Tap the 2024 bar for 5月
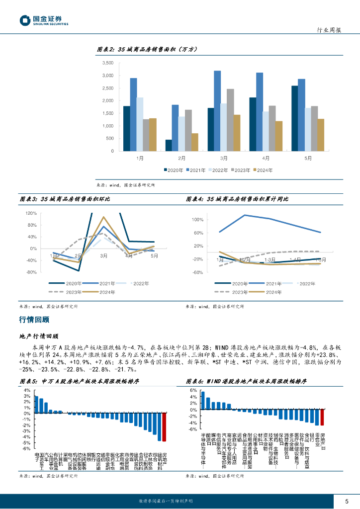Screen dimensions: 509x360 click(321, 135)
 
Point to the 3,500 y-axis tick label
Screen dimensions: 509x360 click(107, 63)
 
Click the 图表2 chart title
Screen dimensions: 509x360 click(147, 49)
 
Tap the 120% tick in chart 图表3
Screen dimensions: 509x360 click(31, 213)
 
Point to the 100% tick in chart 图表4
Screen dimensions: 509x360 click(197, 220)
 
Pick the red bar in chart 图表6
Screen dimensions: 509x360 click(322, 417)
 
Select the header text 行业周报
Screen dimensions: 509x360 click(329, 30)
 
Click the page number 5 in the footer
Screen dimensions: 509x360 click(347, 501)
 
